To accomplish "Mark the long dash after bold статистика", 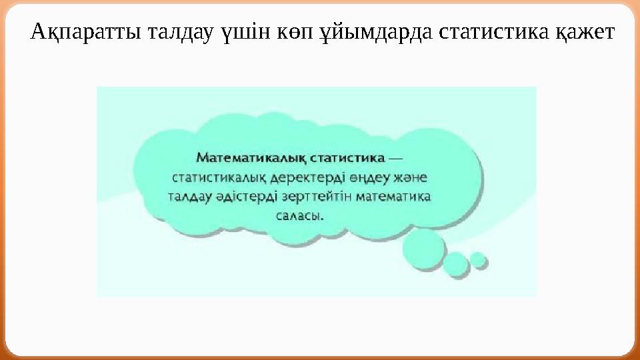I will click(x=395, y=159).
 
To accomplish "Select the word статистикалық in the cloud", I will click(x=219, y=178).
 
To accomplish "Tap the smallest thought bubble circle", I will click(x=478, y=259).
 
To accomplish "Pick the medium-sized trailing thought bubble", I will click(x=457, y=263).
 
